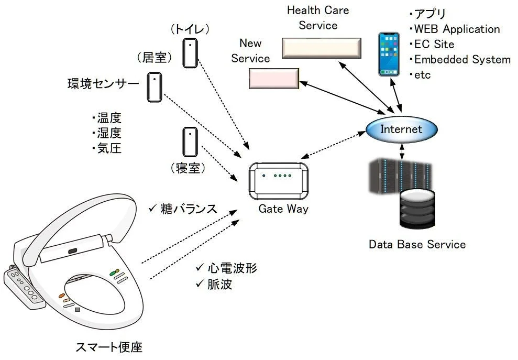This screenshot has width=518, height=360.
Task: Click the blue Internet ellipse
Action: coord(401,129)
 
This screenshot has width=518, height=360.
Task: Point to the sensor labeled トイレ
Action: coord(190,53)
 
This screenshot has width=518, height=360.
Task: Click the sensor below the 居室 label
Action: coord(154,87)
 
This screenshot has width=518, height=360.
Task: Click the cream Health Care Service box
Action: coord(321,48)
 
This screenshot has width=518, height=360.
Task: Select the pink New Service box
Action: coord(273,78)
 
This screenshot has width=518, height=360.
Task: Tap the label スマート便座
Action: coord(109,346)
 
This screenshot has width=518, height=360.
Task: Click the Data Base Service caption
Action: coord(417,244)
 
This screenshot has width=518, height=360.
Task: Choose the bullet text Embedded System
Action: coord(461,59)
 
